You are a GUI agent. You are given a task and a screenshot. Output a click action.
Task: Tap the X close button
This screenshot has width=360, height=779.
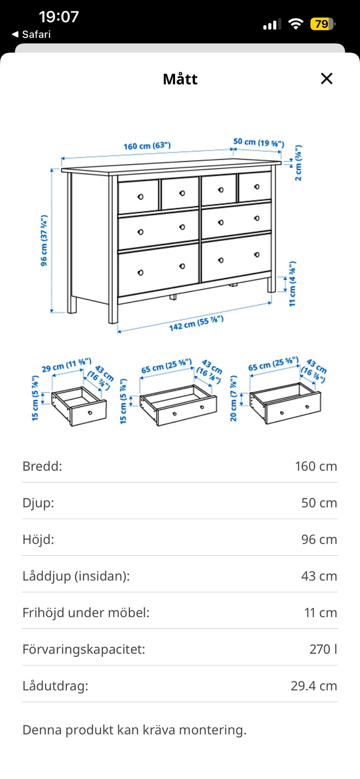coord(327,79)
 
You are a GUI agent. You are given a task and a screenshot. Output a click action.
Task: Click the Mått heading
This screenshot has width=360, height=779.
coord(180,79)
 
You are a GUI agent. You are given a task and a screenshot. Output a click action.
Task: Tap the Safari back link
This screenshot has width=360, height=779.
coord(32,34)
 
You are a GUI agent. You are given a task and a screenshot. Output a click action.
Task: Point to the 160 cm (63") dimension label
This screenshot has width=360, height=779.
coord(147,146)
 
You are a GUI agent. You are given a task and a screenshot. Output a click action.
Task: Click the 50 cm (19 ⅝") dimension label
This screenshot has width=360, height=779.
coord(259,142)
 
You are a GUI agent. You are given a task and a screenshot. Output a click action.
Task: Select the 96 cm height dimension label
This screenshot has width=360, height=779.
coord(44,240)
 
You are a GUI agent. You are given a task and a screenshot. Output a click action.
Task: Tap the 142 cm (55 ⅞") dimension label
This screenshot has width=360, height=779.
coord(196,323)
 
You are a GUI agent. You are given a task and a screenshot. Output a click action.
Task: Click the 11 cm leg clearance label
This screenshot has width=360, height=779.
coord(292,284)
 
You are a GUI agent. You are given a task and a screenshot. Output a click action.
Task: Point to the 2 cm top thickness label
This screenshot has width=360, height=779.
coord(298,163)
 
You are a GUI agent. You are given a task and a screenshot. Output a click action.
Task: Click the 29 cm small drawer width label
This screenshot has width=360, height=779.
coord(67,365)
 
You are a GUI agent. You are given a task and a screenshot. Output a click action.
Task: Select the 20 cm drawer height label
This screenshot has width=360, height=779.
coord(234,398)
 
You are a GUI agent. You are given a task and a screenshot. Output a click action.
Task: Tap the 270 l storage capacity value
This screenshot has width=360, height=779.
coord(323,649)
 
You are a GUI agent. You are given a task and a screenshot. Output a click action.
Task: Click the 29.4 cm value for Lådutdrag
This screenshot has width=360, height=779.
coord(314,685)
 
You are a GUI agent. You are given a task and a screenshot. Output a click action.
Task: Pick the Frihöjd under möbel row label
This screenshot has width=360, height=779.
coord(86,612)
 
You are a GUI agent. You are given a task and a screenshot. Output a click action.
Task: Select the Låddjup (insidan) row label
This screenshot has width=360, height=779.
coord(76,576)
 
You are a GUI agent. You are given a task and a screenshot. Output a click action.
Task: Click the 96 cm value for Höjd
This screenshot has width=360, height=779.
coord(319,539)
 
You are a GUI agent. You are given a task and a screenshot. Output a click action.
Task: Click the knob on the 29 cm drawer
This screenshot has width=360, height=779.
coord(90,413)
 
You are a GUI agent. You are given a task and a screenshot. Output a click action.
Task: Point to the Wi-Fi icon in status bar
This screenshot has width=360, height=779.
coord(295,24)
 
